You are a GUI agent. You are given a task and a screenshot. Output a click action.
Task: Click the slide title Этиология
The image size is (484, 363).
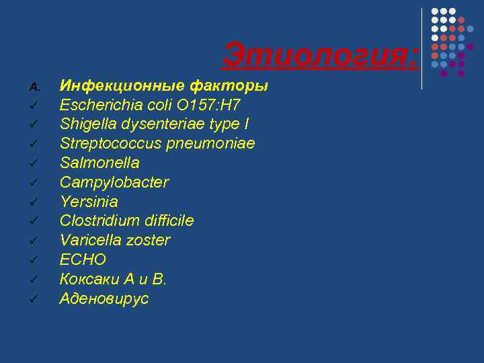point(319,54)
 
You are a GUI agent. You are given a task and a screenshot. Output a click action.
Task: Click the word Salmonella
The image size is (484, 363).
point(99,163)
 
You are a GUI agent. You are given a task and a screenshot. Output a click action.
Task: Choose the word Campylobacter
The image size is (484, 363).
point(114,183)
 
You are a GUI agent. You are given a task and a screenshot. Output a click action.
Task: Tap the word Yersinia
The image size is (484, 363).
point(89,202)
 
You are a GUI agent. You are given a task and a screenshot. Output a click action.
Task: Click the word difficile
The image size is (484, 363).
point(168,221)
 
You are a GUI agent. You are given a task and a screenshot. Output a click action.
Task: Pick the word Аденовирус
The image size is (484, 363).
point(104,298)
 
